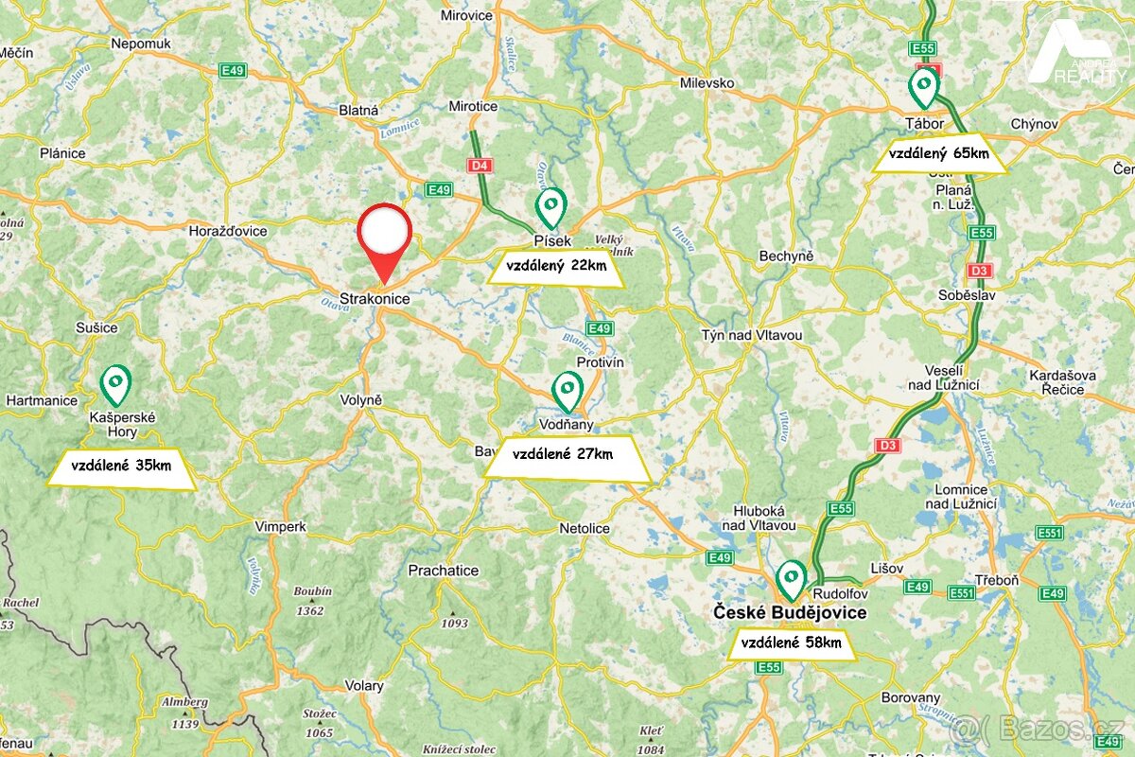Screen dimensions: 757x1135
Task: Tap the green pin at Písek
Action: (551, 205)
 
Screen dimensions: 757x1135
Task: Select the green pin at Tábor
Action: (923, 87)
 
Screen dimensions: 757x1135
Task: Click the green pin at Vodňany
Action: (567, 389)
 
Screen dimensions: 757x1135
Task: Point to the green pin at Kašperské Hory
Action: (115, 383)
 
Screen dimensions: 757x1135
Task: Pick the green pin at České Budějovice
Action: (791, 578)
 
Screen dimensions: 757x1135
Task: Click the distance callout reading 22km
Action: (556, 267)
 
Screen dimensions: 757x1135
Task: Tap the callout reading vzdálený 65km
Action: (938, 154)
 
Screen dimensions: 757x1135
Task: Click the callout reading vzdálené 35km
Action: (121, 467)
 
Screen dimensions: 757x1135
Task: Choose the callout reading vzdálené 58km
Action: (792, 644)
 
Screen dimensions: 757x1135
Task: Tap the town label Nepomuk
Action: (140, 44)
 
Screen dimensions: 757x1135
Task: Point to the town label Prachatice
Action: (443, 571)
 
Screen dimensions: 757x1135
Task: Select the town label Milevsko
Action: (707, 83)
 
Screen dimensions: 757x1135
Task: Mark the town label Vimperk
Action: (280, 526)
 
